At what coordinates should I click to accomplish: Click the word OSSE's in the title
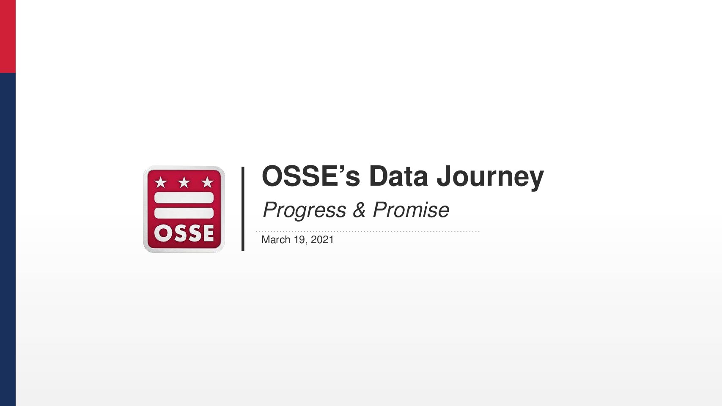[311, 176]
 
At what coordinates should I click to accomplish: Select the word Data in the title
[398, 176]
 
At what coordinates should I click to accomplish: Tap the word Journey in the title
[490, 178]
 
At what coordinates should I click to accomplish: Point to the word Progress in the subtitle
[305, 211]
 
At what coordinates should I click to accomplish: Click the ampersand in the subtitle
[360, 210]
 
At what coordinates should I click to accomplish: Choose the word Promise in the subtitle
[411, 210]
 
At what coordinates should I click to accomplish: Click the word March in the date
[276, 240]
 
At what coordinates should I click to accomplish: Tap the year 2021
[322, 240]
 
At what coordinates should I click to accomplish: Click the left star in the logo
[161, 182]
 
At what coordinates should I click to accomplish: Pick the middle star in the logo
[184, 182]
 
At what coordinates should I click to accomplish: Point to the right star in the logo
[207, 182]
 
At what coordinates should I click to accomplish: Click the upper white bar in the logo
[184, 198]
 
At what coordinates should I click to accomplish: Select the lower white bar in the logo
[184, 213]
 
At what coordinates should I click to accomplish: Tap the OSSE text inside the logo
[184, 233]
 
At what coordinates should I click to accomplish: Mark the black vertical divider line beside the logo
[243, 209]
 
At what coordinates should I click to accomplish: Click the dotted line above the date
[368, 231]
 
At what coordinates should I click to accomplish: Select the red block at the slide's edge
[8, 36]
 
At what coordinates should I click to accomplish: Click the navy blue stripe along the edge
[8, 239]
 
